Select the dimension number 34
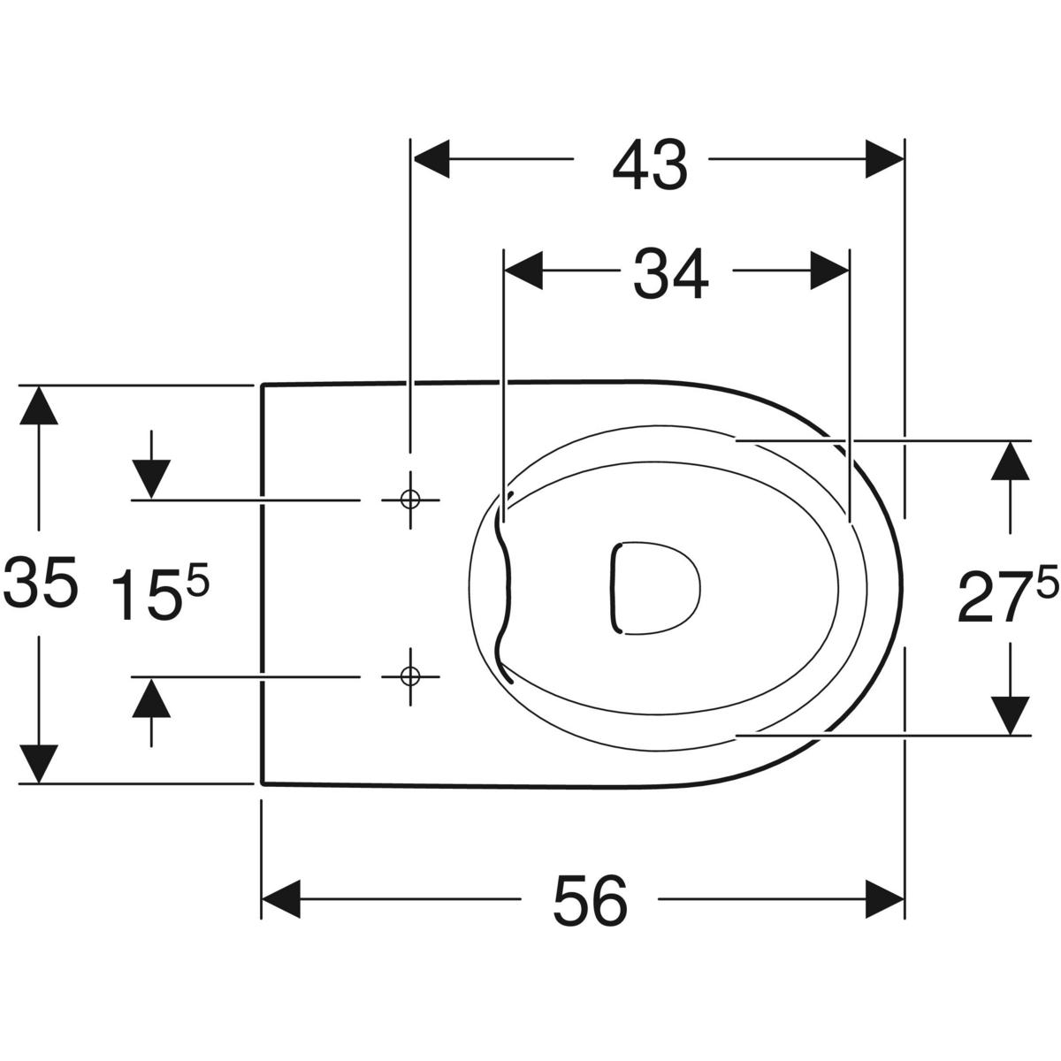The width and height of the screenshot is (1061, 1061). point(670,273)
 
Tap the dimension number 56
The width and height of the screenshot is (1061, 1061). point(591,901)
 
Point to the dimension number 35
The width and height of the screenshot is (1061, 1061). point(40,582)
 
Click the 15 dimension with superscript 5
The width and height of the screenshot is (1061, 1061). point(160,589)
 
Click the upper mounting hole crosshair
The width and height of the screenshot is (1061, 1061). point(410,500)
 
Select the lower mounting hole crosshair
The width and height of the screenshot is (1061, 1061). point(410,676)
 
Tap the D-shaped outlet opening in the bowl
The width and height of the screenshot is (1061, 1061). point(656,588)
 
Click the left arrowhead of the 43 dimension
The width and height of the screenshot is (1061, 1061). point(431,158)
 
